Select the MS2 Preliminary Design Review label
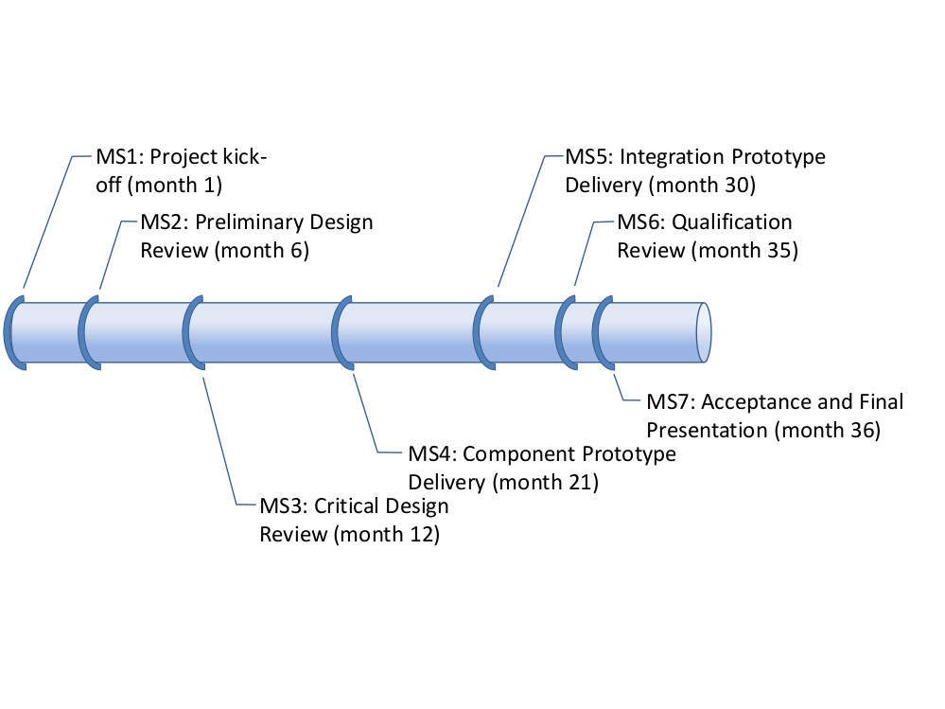click(256, 237)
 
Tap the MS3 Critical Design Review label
click(354, 520)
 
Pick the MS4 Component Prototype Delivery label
click(541, 467)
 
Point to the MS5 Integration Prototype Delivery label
click(694, 169)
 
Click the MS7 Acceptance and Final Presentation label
click(775, 415)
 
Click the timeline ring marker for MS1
click(10, 332)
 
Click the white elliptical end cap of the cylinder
click(704, 331)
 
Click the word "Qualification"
click(732, 222)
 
